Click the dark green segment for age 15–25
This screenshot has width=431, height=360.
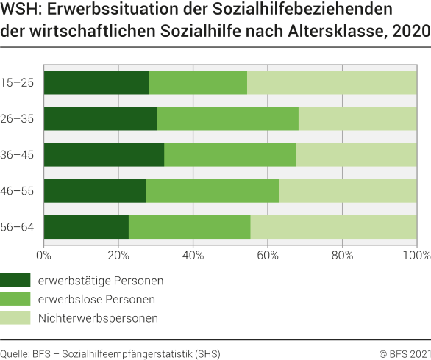point(96,82)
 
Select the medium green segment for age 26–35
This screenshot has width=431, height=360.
point(227,118)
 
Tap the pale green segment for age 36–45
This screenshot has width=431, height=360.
point(356,154)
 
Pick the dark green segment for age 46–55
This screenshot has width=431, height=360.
point(95,190)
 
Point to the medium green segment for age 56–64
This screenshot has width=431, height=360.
point(189,226)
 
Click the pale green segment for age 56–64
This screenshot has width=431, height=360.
point(333,226)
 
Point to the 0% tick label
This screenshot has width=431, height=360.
point(44,256)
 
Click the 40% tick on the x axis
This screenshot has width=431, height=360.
point(193,256)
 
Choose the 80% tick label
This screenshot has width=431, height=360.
point(342,256)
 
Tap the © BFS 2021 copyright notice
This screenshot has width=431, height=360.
point(400,353)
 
